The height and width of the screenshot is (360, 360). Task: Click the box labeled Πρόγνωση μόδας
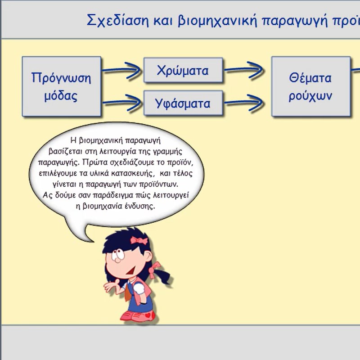(x=62, y=86)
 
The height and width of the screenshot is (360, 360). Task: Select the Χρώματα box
(x=183, y=70)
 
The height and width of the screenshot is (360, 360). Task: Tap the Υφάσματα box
(x=183, y=103)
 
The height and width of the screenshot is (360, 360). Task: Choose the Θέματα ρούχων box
(x=311, y=86)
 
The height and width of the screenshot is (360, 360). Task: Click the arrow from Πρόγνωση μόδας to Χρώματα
(x=121, y=70)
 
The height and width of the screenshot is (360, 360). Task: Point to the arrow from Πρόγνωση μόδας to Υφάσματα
(x=121, y=103)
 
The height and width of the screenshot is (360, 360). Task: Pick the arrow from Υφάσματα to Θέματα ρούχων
(x=244, y=102)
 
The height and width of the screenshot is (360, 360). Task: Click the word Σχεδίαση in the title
(x=118, y=21)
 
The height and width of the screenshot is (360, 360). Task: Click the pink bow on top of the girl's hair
(x=139, y=240)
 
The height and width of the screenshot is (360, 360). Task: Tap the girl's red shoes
(x=139, y=316)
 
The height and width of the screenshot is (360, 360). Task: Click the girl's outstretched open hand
(x=111, y=286)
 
